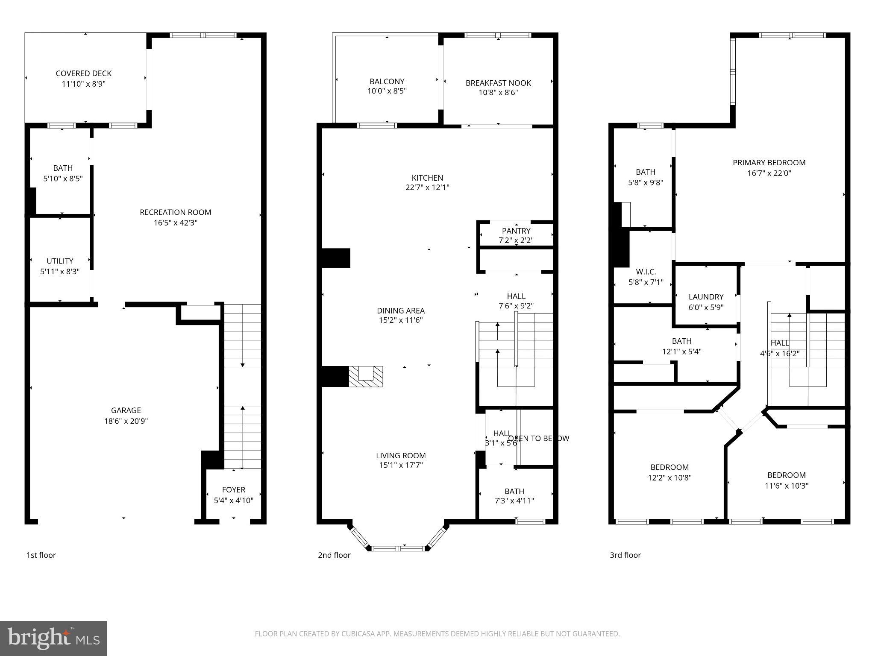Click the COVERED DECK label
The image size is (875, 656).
(83, 73)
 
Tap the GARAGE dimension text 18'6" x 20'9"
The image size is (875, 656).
(126, 421)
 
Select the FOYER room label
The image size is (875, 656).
(233, 490)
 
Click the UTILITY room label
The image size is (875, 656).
(60, 261)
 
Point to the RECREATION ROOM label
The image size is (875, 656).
(175, 212)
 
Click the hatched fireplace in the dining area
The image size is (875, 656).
(366, 376)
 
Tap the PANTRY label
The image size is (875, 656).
(516, 231)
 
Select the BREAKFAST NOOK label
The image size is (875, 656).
(498, 83)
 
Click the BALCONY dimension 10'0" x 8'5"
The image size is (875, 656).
(387, 91)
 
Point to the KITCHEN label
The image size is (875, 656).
(427, 178)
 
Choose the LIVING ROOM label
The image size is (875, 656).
(401, 456)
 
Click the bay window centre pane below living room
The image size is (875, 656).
(399, 548)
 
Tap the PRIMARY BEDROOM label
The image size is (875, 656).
(769, 163)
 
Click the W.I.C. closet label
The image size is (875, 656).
(646, 272)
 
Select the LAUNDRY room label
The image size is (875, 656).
(706, 297)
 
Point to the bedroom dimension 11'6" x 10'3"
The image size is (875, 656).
(786, 486)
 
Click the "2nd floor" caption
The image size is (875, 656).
(334, 555)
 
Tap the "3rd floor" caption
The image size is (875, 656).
(625, 555)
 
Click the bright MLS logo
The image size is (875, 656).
(53, 638)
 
